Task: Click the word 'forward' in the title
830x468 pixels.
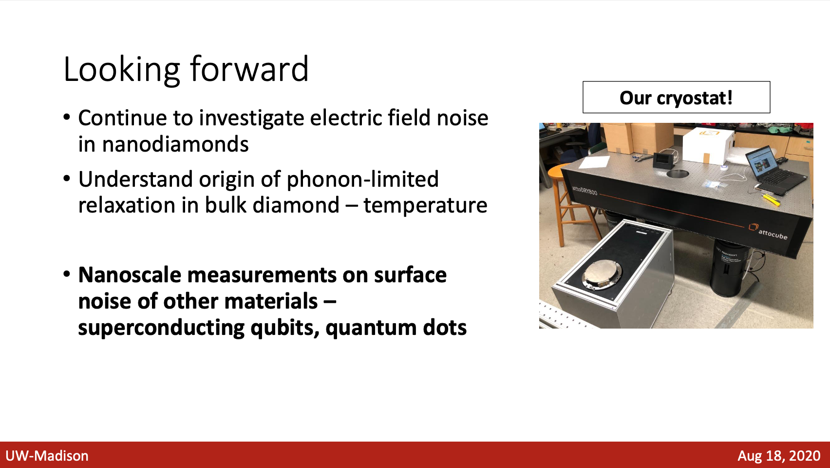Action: pyautogui.click(x=249, y=69)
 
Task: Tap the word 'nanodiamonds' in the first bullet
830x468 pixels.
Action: pyautogui.click(x=163, y=144)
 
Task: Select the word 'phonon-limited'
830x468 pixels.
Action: pyautogui.click(x=363, y=179)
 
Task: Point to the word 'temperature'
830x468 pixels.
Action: pyautogui.click(x=425, y=205)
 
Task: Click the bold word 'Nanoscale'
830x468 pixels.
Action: pyautogui.click(x=130, y=275)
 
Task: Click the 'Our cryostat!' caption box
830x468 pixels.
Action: pyautogui.click(x=676, y=97)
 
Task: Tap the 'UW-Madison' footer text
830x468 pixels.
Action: pyautogui.click(x=47, y=456)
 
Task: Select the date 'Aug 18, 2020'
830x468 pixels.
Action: pyautogui.click(x=779, y=456)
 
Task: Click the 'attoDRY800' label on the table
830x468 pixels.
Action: pyautogui.click(x=585, y=191)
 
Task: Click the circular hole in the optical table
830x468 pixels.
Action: pyautogui.click(x=678, y=173)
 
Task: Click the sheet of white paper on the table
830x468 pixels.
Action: pyautogui.click(x=594, y=162)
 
